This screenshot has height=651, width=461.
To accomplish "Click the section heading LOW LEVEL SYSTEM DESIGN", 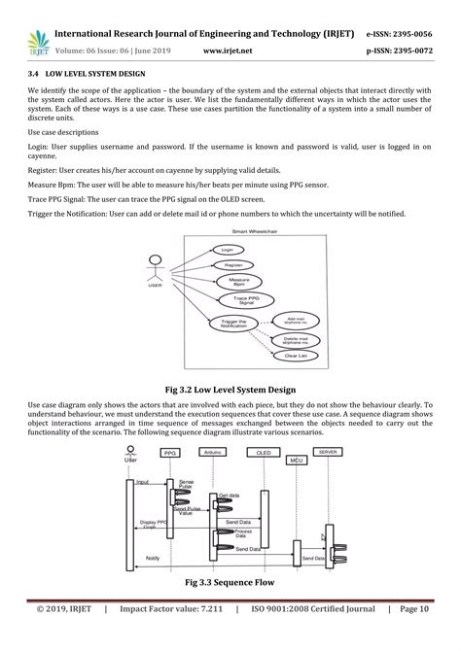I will coord(107,74).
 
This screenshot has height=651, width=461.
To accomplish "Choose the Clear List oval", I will coord(296,356).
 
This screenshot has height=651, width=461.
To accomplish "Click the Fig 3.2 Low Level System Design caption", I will coord(230,387).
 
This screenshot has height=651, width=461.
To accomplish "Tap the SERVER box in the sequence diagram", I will coord(330,453).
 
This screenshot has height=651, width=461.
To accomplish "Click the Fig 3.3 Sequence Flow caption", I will coord(230,583).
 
